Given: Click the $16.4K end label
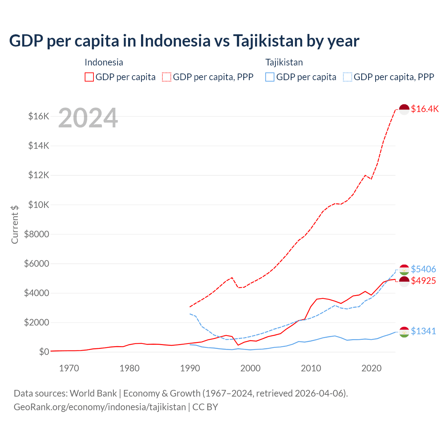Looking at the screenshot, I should tap(425, 109).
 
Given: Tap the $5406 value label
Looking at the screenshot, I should tap(423, 269).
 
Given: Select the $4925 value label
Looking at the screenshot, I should tap(423, 281).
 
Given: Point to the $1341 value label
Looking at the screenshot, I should tap(423, 331).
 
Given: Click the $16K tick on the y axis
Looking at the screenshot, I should tap(38, 116).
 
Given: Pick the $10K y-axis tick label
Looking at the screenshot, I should tap(38, 205).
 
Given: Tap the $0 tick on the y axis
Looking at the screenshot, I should tap(44, 352).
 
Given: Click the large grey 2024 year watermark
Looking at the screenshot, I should tap(88, 118).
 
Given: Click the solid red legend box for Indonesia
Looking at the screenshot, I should tap(89, 77).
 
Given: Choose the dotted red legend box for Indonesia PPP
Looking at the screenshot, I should tap(167, 77).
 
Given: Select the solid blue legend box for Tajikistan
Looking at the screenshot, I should tap(270, 77).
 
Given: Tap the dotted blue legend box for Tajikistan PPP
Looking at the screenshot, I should tap(348, 77).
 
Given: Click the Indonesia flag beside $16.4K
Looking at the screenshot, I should tap(404, 109).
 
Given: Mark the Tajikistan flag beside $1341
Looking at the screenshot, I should tap(404, 332).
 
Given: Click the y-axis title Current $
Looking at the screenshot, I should tap(15, 224).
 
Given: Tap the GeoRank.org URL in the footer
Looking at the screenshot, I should tap(100, 407).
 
